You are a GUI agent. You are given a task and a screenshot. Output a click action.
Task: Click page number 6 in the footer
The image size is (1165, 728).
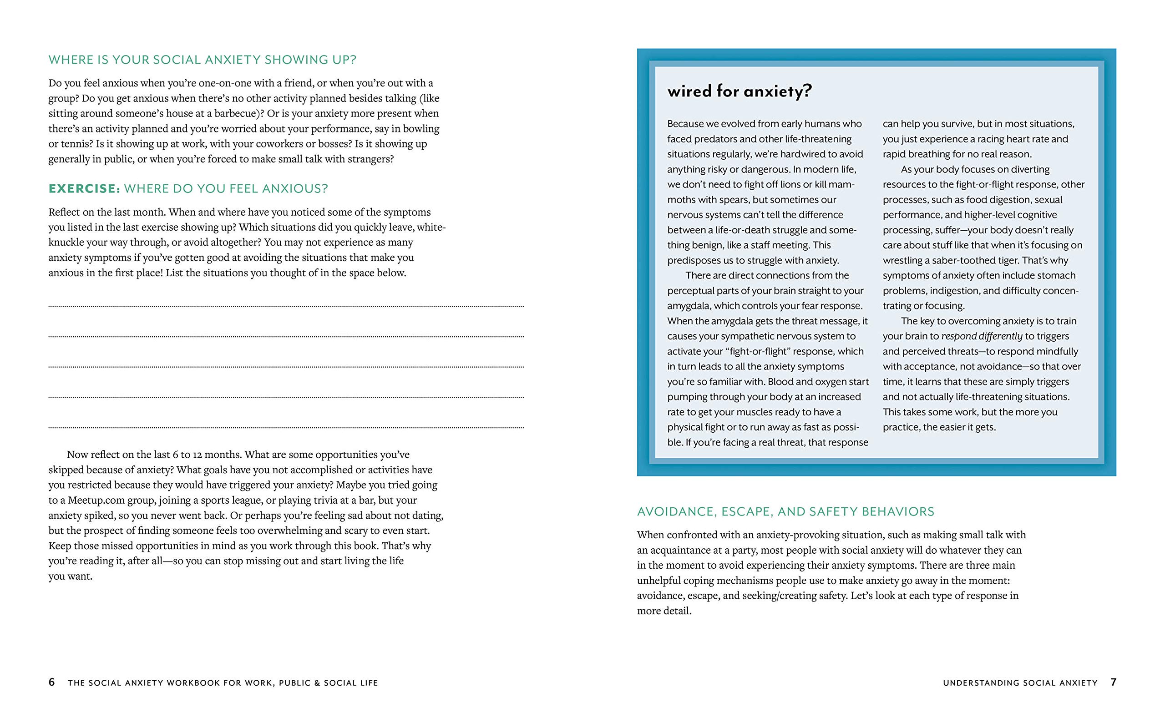51,682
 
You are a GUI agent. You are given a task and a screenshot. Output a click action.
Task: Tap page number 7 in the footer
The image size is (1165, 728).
1113,682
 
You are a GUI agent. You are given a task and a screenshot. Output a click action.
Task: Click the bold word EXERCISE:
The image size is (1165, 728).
84,189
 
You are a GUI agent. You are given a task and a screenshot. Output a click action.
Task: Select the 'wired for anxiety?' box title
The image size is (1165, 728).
739,91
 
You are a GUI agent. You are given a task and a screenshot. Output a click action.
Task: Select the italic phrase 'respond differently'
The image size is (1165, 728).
982,336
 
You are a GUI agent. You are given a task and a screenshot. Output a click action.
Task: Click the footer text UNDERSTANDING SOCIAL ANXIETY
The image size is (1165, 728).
1020,683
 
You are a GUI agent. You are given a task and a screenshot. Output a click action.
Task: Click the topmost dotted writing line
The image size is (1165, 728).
286,306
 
